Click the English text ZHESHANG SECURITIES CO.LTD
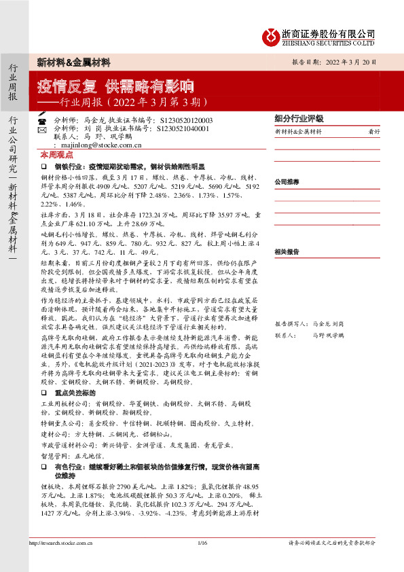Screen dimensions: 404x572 [328, 42]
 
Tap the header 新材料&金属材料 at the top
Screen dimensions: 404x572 [73, 62]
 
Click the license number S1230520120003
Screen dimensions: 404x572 [183, 120]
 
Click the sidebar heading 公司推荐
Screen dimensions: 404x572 [288, 183]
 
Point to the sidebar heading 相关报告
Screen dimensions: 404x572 [288, 251]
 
